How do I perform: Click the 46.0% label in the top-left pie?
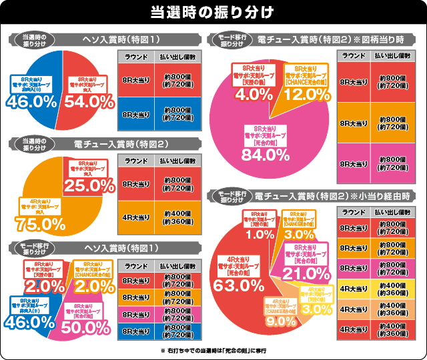(31, 101)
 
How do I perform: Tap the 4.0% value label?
(250, 95)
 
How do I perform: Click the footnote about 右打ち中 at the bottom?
(213, 350)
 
